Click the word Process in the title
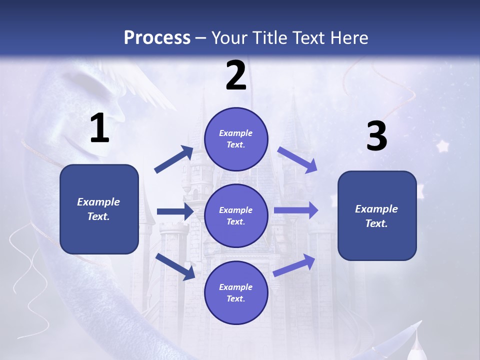(157, 37)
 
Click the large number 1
(99, 128)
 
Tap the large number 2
(236, 75)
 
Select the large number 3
(376, 136)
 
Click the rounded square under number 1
(99, 209)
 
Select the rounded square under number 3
(377, 216)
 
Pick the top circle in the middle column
(236, 139)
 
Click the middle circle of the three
(236, 215)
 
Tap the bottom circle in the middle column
(236, 292)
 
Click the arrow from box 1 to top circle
(174, 159)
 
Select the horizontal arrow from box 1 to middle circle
(175, 211)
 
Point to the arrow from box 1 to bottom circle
(175, 266)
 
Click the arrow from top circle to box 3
(297, 160)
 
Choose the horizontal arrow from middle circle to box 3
(296, 210)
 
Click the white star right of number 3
(442, 146)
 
